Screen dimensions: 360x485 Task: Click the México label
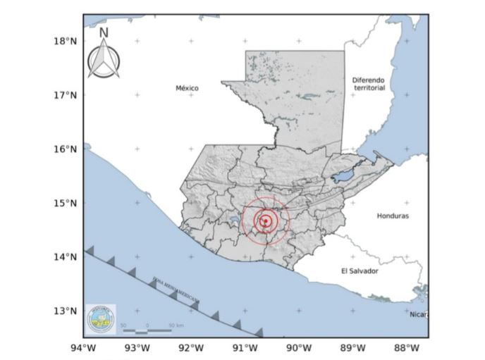(187, 88)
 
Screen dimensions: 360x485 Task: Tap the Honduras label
(393, 216)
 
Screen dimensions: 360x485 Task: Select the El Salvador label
(360, 271)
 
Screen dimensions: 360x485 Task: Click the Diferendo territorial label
(369, 84)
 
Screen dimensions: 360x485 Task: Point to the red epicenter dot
(265, 221)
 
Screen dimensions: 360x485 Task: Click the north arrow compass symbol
(104, 60)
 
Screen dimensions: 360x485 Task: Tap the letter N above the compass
(104, 32)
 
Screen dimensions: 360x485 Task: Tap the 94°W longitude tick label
(83, 347)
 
